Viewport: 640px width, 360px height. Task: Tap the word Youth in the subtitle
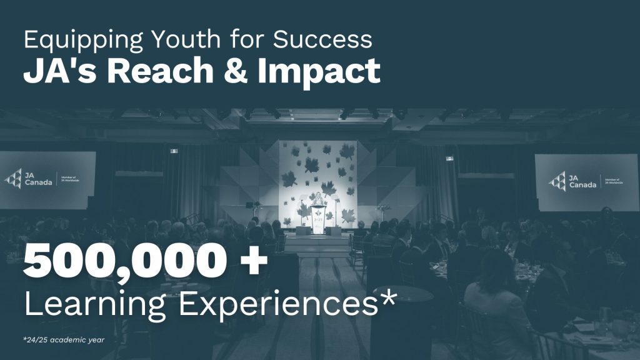click(x=186, y=39)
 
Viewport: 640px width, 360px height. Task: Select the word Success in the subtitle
click(x=322, y=39)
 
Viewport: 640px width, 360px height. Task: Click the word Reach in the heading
click(x=160, y=71)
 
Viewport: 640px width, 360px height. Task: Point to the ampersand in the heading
click(x=236, y=71)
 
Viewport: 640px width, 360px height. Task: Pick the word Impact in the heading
click(x=319, y=72)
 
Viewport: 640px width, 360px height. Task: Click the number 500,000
click(x=125, y=261)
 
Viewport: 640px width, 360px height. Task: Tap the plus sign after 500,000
click(x=254, y=261)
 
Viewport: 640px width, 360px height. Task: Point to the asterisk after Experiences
click(x=387, y=297)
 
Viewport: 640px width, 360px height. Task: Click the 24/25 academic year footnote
click(x=64, y=340)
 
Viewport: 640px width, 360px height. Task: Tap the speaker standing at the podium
click(x=317, y=199)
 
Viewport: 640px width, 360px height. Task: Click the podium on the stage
click(x=318, y=219)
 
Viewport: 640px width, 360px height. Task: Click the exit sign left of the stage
click(x=174, y=151)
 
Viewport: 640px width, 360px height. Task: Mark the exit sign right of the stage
click(x=450, y=158)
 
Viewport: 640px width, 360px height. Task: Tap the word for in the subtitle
click(x=246, y=39)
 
